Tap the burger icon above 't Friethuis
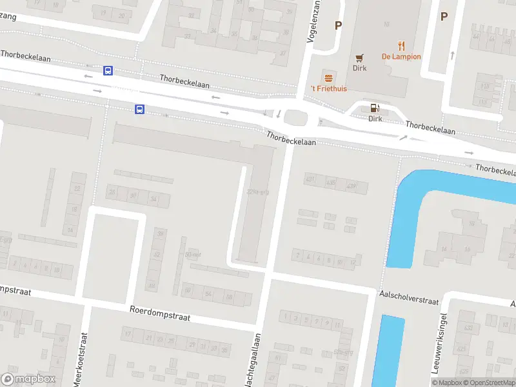pos(329,77)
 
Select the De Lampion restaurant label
pos(401,57)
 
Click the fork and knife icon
pos(401,45)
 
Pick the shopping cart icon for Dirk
pos(359,57)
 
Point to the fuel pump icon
pos(375,107)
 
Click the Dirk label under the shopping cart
pos(359,68)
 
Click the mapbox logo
pos(28,379)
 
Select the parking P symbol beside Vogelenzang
pos(337,26)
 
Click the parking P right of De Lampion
pos(444,17)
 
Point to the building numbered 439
pos(352,186)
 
